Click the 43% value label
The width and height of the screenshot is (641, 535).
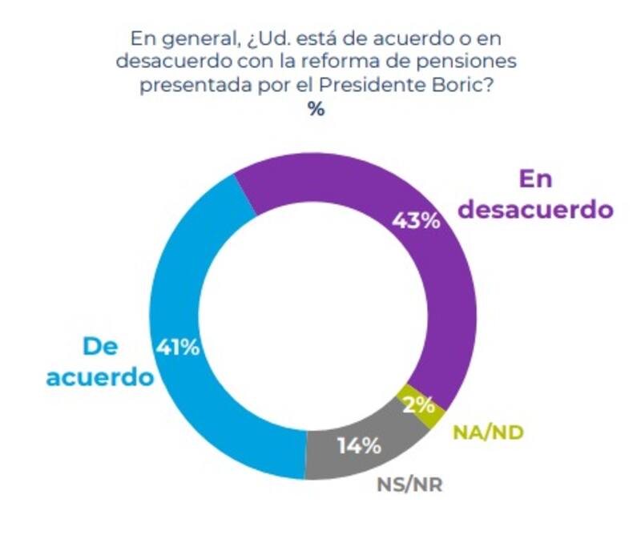[416, 220]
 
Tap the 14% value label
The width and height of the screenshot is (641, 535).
[357, 445]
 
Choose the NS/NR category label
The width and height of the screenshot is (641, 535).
[409, 484]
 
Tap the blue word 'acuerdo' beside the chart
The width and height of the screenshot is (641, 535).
[99, 376]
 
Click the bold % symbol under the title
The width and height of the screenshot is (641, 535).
[316, 110]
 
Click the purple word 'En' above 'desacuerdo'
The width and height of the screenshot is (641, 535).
[535, 179]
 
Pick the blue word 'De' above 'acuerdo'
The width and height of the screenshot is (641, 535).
[100, 346]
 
